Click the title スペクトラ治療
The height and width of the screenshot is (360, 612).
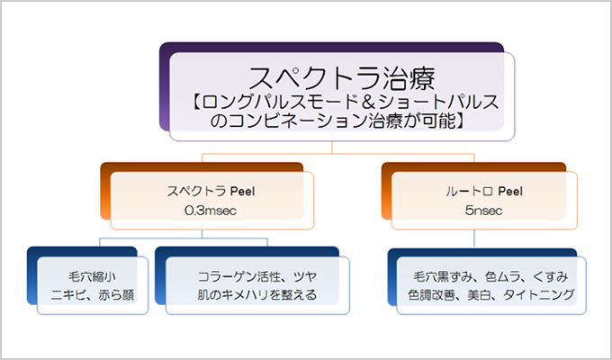point(341,77)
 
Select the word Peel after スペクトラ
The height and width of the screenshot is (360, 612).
point(242,192)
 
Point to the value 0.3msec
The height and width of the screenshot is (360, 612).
point(211,211)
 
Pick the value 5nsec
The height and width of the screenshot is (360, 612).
point(483,211)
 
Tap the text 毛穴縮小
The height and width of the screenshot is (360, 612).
point(92,277)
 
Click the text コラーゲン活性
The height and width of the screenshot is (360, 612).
point(239,277)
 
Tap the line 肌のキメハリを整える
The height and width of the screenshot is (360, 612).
point(257,295)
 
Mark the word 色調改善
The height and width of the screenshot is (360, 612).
point(431,295)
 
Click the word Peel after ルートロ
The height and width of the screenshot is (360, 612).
point(510,192)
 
